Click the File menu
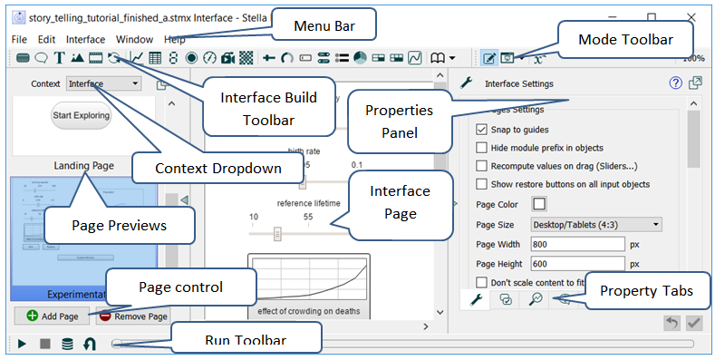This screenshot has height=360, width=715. (19, 40)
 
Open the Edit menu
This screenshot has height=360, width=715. (46, 40)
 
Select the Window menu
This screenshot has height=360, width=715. (134, 40)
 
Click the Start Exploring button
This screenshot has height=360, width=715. (82, 115)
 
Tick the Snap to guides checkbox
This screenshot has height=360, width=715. (481, 130)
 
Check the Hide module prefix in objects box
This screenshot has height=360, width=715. (481, 148)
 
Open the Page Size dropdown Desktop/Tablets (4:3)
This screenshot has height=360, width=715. (592, 224)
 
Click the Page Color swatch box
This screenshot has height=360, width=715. (539, 204)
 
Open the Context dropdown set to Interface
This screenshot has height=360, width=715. (103, 83)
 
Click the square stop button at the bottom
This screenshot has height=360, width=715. (44, 345)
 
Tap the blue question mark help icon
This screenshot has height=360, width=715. (675, 83)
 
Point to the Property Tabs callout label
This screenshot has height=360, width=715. (647, 292)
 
